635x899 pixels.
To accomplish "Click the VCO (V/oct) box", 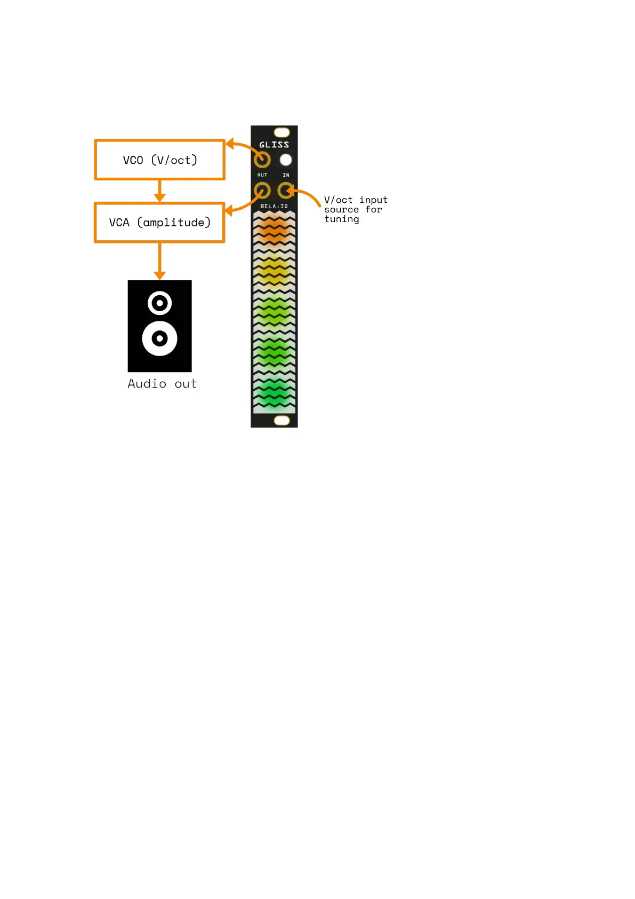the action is pyautogui.click(x=159, y=160).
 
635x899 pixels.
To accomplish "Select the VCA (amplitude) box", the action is pyautogui.click(x=159, y=222).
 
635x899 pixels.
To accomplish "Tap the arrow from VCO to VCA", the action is pyautogui.click(x=159, y=191).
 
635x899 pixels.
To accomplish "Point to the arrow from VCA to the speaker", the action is pyautogui.click(x=159, y=261).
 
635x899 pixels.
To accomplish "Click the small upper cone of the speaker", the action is pyautogui.click(x=159, y=303).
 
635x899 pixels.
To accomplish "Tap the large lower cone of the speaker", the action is pyautogui.click(x=159, y=338).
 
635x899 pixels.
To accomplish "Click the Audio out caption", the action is pyautogui.click(x=162, y=383).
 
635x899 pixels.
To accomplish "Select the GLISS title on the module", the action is pyautogui.click(x=274, y=145).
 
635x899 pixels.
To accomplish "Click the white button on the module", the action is pyautogui.click(x=286, y=160).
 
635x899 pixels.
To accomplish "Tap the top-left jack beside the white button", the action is pyautogui.click(x=262, y=160).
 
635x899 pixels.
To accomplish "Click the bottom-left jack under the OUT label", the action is pyautogui.click(x=262, y=190).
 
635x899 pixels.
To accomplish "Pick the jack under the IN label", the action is pyautogui.click(x=286, y=190).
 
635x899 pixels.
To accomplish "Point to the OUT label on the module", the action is pyautogui.click(x=262, y=175).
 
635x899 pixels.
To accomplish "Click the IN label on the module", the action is pyautogui.click(x=286, y=175).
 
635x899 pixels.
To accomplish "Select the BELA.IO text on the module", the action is pyautogui.click(x=274, y=206).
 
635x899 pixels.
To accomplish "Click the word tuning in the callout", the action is pyautogui.click(x=341, y=219).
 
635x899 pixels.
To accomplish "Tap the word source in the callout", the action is pyautogui.click(x=341, y=210).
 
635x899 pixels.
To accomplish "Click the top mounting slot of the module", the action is pyautogui.click(x=282, y=132).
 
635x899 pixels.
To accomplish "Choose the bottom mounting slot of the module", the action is pyautogui.click(x=282, y=421).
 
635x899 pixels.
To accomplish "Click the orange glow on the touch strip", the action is pyautogui.click(x=273, y=230).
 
